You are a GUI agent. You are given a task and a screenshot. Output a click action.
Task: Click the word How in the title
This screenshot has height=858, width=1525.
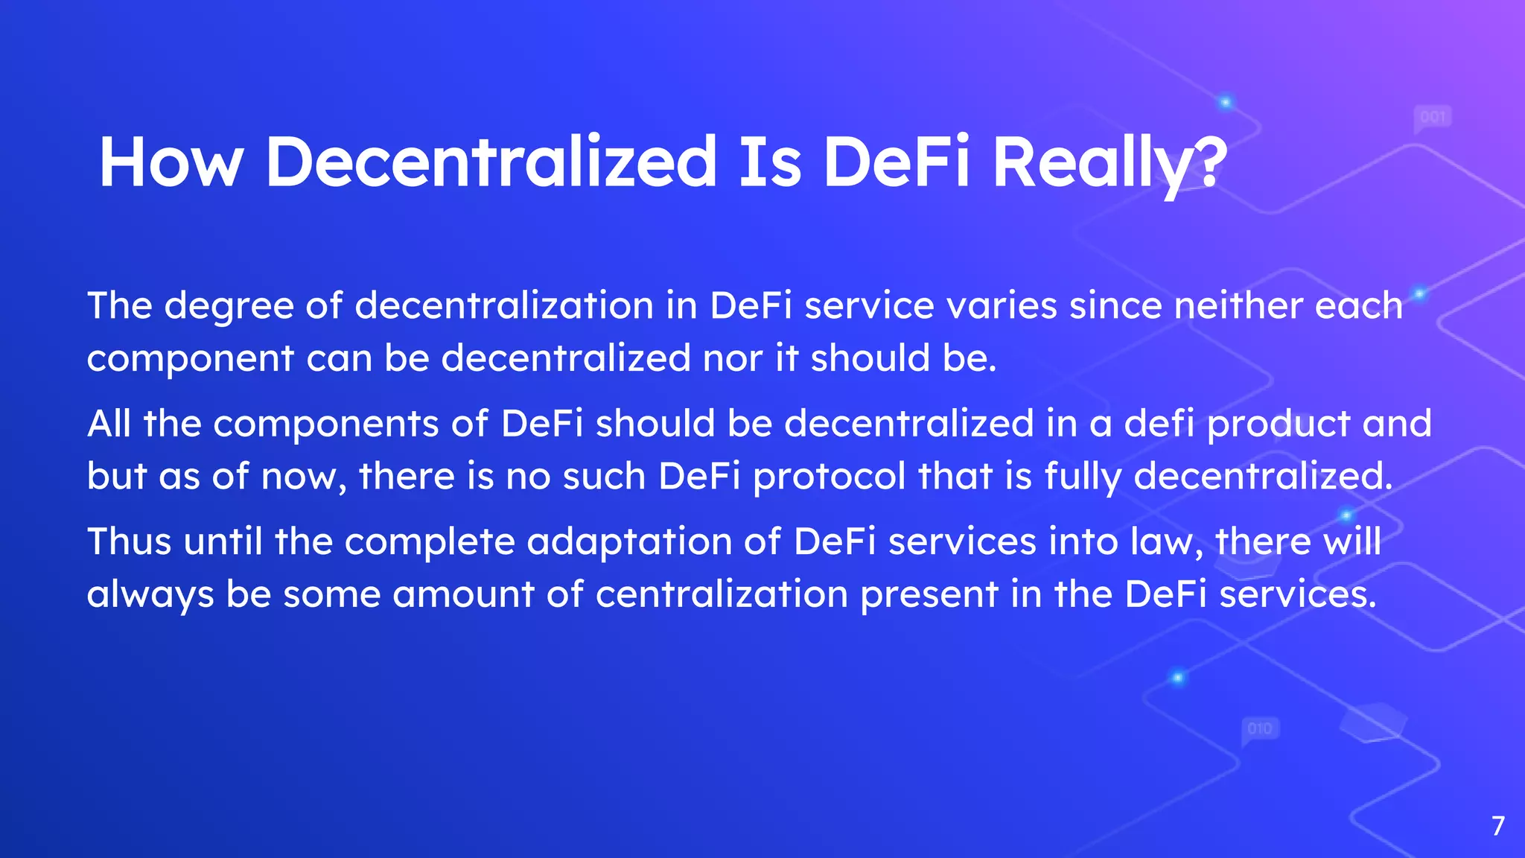(x=171, y=162)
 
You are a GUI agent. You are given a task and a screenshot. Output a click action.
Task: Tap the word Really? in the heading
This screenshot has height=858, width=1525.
(x=1109, y=162)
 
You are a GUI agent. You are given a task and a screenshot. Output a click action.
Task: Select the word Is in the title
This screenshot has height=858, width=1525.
(x=770, y=162)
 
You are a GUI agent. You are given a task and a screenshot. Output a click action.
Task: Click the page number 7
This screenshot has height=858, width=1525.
(x=1498, y=826)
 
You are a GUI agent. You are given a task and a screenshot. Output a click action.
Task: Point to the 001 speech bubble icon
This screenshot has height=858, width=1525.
(x=1432, y=118)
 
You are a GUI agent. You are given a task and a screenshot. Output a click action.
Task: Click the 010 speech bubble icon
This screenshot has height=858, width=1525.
(x=1260, y=728)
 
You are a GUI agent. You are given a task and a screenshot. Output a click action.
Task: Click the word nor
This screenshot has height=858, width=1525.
(x=733, y=358)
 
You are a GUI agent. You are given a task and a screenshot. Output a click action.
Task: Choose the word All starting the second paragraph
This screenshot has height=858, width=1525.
(x=109, y=424)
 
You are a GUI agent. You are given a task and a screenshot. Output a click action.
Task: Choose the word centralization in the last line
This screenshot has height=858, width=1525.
(x=722, y=594)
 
